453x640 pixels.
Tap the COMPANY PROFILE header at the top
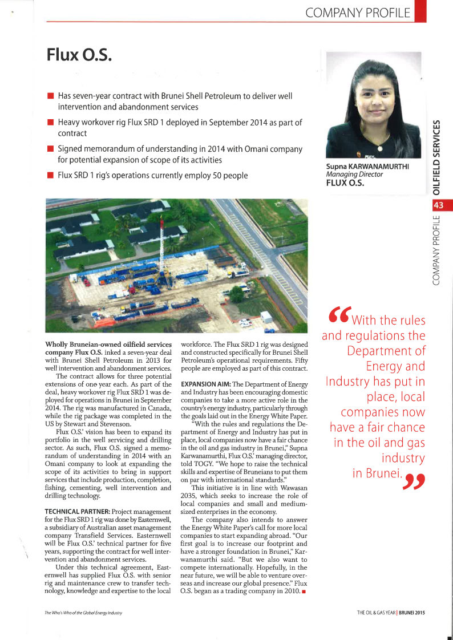(x=358, y=12)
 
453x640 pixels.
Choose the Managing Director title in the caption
(x=354, y=175)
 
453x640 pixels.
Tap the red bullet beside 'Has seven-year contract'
(x=50, y=96)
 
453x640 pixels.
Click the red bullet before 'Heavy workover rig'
(x=50, y=123)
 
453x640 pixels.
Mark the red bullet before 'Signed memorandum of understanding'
(x=50, y=149)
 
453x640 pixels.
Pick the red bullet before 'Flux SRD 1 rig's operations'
(x=50, y=175)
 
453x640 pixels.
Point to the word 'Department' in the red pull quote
(x=386, y=350)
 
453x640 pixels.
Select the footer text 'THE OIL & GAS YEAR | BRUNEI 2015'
(x=390, y=612)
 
